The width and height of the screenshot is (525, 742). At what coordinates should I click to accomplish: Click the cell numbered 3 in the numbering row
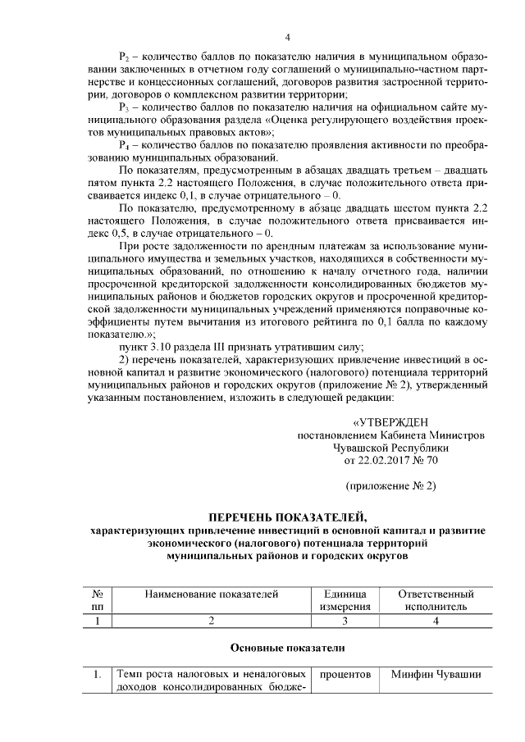click(345, 621)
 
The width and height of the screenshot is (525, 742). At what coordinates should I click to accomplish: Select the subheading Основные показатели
click(287, 648)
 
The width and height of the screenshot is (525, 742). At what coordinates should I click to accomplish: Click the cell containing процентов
click(345, 675)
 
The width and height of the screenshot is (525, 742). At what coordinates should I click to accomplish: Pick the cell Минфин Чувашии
click(435, 675)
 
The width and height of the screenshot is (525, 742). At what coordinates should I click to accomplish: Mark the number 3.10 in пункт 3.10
click(157, 347)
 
